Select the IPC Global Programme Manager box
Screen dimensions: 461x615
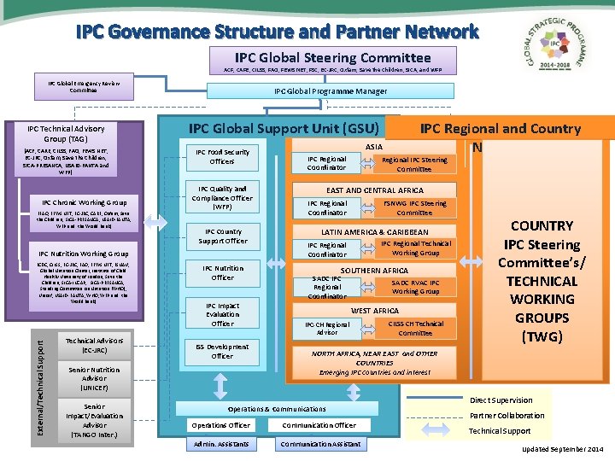click(330, 91)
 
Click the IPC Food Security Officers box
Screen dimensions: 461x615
click(222, 157)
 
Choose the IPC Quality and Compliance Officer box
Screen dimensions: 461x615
click(222, 198)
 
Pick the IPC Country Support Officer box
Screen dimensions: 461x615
click(222, 236)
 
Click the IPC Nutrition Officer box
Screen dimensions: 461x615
click(222, 272)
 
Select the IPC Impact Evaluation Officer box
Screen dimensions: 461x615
click(222, 314)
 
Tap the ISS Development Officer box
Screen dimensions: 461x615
click(222, 351)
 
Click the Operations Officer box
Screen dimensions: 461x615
click(220, 425)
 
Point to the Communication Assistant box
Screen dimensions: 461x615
click(320, 444)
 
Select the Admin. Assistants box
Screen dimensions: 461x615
click(220, 444)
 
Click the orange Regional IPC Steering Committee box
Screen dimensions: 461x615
click(414, 164)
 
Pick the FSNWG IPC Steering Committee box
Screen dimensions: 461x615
click(414, 207)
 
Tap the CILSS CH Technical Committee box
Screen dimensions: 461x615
click(415, 329)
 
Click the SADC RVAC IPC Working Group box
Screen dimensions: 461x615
click(415, 287)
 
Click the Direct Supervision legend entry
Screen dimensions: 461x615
click(501, 400)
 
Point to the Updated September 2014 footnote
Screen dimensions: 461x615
click(562, 449)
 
